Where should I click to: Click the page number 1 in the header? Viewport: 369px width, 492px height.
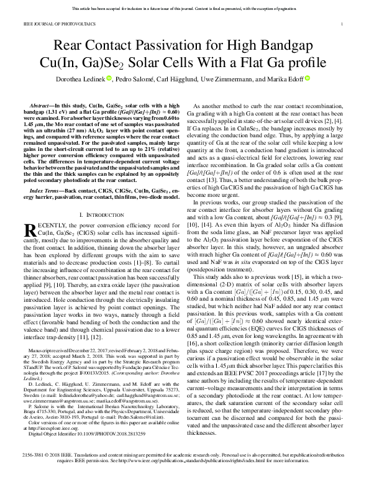point(342,24)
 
